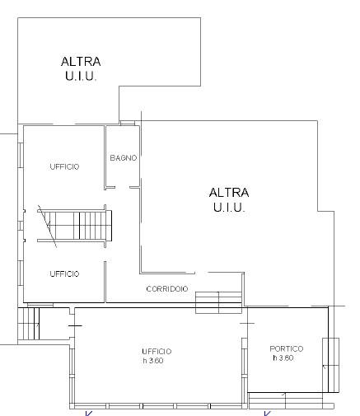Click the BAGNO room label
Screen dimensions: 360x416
[124, 158]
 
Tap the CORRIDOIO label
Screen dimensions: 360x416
[167, 289]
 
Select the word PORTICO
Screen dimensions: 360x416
[287, 348]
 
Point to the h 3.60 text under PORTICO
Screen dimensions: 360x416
[283, 358]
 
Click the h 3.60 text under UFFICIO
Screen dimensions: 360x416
[153, 361]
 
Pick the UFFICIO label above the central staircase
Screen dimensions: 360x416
[64, 166]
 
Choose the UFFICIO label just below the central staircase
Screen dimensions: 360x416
[64, 273]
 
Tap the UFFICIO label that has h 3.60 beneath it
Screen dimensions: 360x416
[157, 352]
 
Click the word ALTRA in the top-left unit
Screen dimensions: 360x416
[81, 62]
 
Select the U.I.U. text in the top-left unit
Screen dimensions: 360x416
[81, 76]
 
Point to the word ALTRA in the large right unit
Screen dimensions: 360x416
[229, 193]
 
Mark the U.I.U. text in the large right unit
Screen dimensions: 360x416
[229, 207]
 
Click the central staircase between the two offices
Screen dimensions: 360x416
[75, 226]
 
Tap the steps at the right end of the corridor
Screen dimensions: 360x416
[219, 302]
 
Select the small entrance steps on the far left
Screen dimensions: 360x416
[29, 324]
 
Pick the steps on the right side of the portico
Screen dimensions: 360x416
[330, 365]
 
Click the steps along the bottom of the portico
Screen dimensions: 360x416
[291, 401]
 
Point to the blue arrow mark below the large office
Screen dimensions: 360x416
[88, 414]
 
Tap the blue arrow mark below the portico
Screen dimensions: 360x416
[267, 414]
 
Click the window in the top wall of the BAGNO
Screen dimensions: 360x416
[128, 123]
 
